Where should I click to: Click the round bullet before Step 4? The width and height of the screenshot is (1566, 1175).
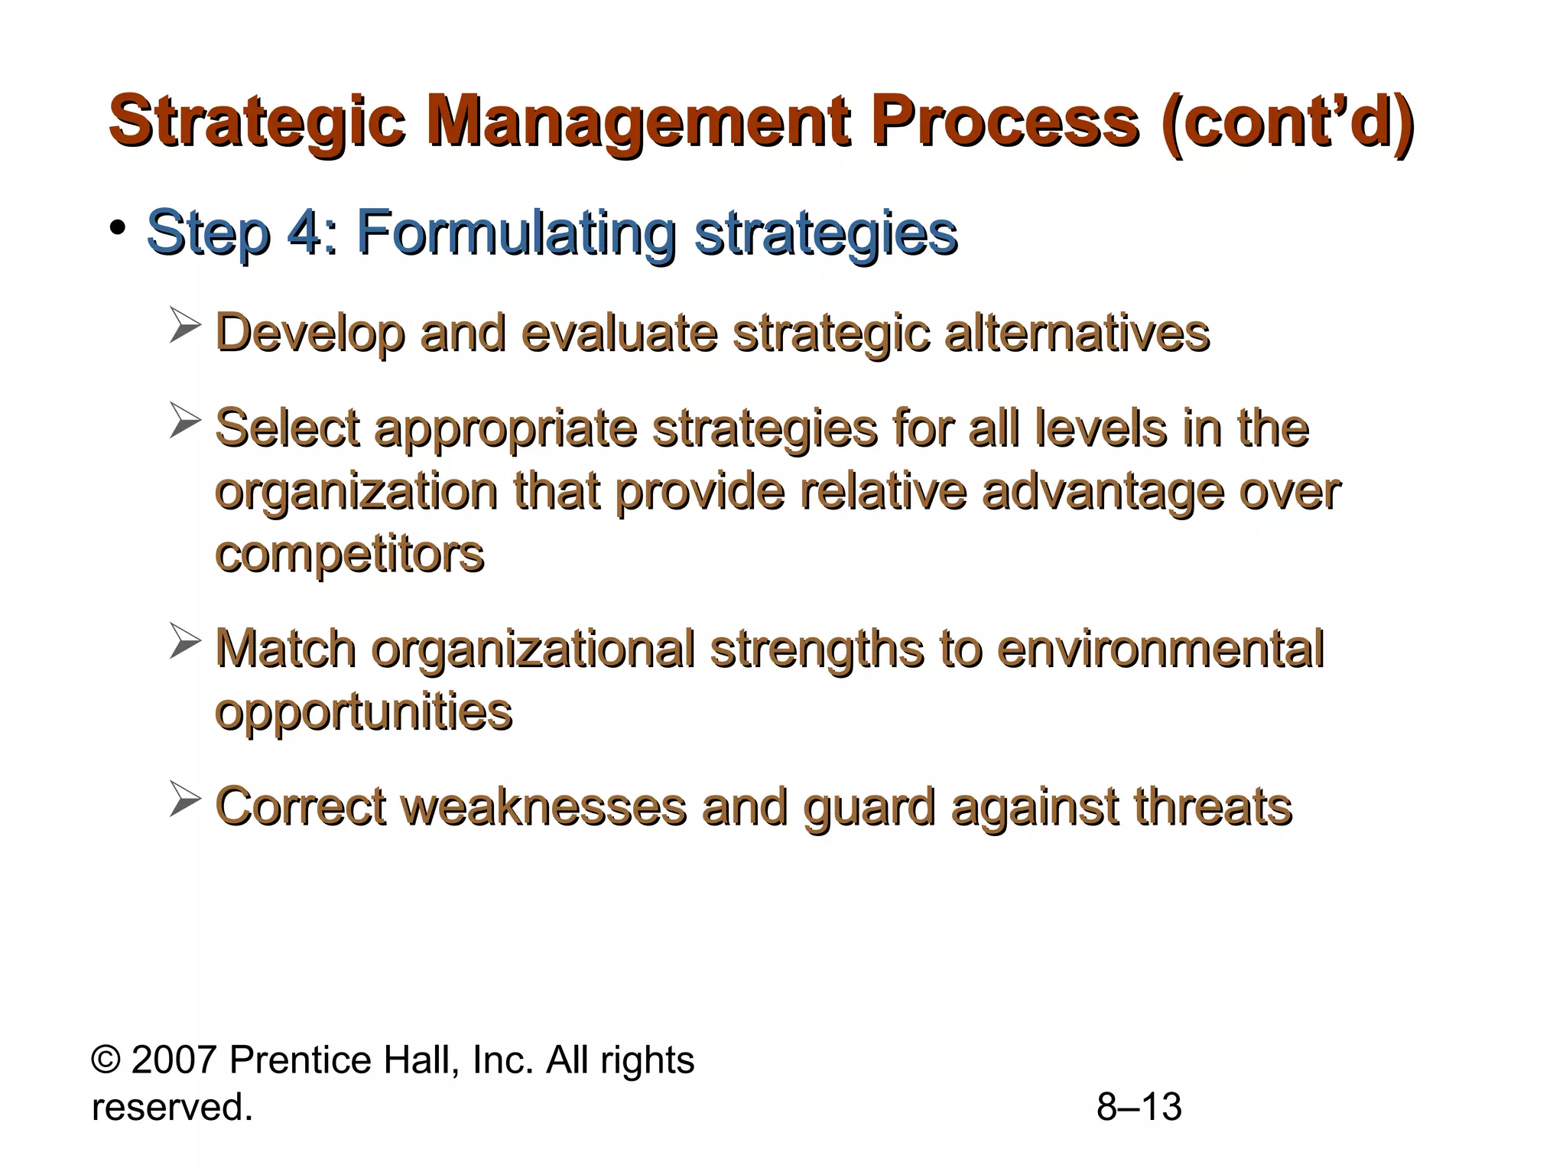[117, 228]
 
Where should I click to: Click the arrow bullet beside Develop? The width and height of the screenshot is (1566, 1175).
[184, 325]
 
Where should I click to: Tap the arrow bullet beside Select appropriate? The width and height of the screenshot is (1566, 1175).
[184, 420]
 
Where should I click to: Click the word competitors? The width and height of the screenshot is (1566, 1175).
[349, 554]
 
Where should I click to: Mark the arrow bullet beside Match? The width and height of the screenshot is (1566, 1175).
[184, 641]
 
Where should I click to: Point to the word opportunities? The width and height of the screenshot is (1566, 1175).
[363, 713]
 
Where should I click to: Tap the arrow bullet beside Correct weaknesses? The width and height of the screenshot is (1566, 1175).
[184, 799]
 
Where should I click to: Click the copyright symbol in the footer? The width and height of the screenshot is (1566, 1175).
[106, 1060]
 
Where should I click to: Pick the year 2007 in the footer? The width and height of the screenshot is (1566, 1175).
[174, 1060]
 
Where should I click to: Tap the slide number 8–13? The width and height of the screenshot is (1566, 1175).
[1139, 1107]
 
